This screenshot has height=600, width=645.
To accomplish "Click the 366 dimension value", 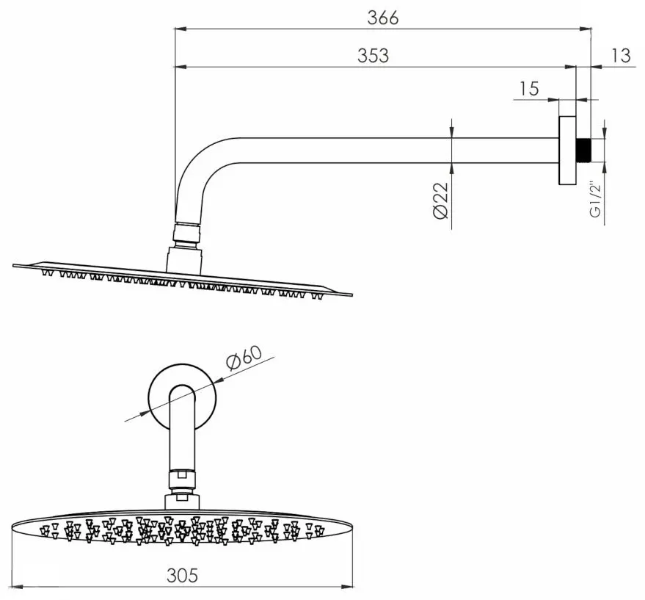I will [x=382, y=18].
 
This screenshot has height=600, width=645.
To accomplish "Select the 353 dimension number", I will [x=373, y=55].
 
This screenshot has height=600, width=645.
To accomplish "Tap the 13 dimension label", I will [x=621, y=55].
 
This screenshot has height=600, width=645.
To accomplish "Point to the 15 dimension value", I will [x=528, y=89].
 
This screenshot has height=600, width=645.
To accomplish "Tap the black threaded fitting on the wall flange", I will [x=583, y=150].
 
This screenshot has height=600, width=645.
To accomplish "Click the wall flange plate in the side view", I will [x=567, y=150].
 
